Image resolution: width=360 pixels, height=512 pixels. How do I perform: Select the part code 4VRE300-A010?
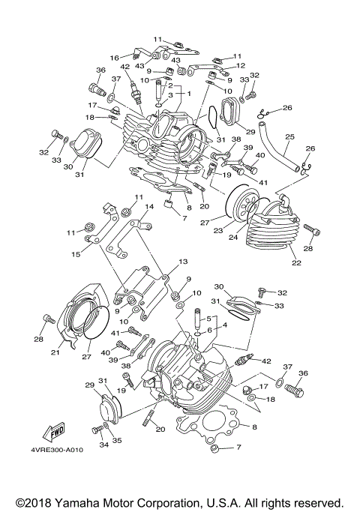tap(57, 451)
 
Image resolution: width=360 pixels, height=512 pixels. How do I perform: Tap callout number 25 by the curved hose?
tap(289, 137)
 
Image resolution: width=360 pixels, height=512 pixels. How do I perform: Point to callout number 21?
tap(55, 352)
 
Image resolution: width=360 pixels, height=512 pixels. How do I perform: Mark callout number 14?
tap(149, 206)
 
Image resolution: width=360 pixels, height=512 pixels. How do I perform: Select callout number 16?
tap(115, 57)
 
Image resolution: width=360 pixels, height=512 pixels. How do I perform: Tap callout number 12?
tap(241, 65)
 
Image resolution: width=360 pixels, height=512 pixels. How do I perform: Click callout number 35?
tap(117, 439)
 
